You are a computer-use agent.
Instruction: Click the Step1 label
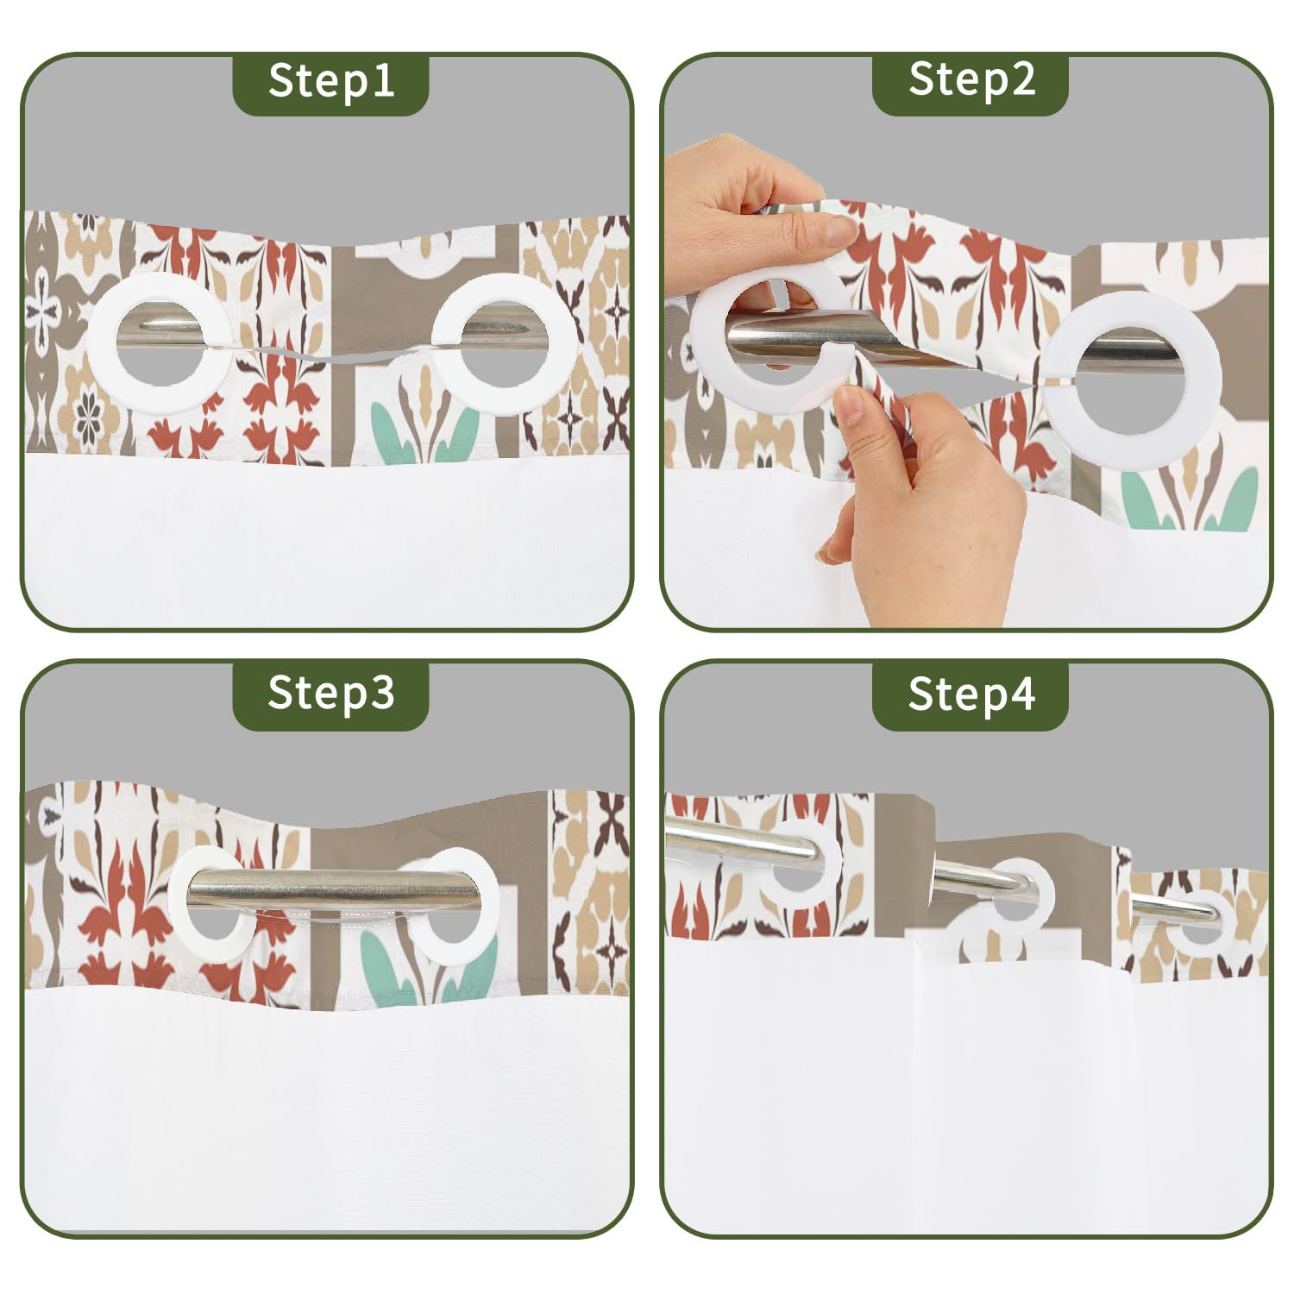pos(331,81)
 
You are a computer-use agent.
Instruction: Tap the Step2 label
pos(971,79)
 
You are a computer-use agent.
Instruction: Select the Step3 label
pos(331,693)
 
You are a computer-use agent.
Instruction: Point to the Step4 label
pos(971,694)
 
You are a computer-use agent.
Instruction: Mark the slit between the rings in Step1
pos(332,352)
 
